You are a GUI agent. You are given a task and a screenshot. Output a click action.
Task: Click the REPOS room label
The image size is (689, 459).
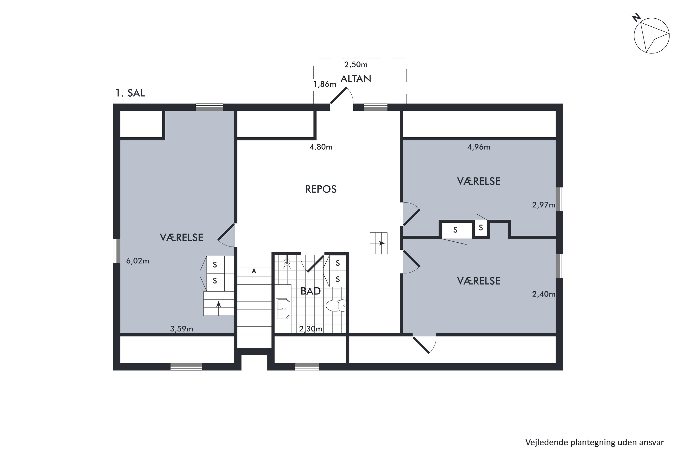pyautogui.click(x=321, y=189)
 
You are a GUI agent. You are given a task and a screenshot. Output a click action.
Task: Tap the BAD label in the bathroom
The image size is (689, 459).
pyautogui.click(x=311, y=291)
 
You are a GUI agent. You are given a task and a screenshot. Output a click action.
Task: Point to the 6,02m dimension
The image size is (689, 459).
pyautogui.click(x=138, y=260)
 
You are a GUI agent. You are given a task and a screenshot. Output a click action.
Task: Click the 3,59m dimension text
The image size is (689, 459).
pyautogui.click(x=182, y=329)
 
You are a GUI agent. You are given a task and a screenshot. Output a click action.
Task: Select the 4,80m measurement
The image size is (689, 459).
pyautogui.click(x=321, y=147)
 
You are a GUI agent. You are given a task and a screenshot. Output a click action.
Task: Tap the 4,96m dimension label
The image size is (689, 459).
pyautogui.click(x=479, y=147)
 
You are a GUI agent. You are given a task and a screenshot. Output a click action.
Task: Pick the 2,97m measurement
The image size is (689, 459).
pyautogui.click(x=544, y=205)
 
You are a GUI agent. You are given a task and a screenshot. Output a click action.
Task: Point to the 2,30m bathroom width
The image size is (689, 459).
pyautogui.click(x=311, y=329)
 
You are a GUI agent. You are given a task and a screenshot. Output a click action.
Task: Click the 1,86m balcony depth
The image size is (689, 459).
pyautogui.click(x=325, y=84)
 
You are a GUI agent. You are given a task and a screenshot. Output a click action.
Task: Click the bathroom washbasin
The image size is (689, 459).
pyautogui.click(x=283, y=308)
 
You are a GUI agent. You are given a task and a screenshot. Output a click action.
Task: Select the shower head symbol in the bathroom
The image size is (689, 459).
pyautogui.click(x=287, y=262)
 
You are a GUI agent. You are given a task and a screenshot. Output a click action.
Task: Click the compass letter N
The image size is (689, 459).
pyautogui.click(x=636, y=18)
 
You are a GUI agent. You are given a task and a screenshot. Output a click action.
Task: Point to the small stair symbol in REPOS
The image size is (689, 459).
pyautogui.click(x=378, y=243)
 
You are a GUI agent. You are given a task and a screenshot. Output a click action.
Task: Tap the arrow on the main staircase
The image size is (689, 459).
pyautogui.click(x=254, y=278)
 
